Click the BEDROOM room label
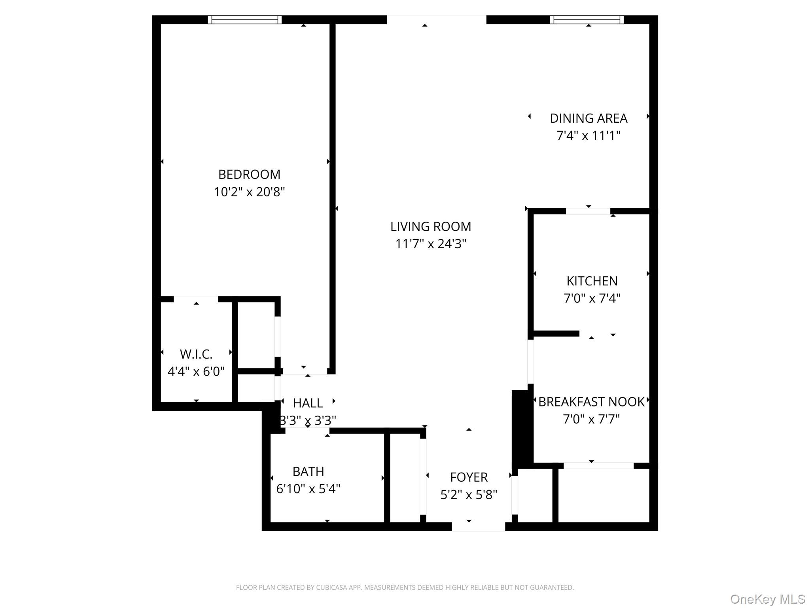pyautogui.click(x=249, y=175)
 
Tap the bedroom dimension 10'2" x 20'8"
pyautogui.click(x=249, y=192)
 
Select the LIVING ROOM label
pyautogui.click(x=431, y=227)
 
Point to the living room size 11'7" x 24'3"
pyautogui.click(x=431, y=244)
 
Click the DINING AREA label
pyautogui.click(x=589, y=118)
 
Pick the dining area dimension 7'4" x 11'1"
pyautogui.click(x=589, y=136)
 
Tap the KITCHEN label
pyautogui.click(x=592, y=281)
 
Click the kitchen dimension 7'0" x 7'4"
pyautogui.click(x=592, y=298)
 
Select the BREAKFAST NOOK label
pyautogui.click(x=591, y=402)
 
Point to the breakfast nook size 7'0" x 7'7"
pyautogui.click(x=591, y=419)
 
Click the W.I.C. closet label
pyautogui.click(x=196, y=354)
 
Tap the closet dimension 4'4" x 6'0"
pyautogui.click(x=196, y=371)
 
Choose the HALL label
pyautogui.click(x=308, y=403)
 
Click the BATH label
pyautogui.click(x=308, y=471)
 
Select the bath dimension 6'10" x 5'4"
pyautogui.click(x=308, y=489)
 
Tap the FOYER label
pyautogui.click(x=469, y=477)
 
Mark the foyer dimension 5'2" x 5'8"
pyautogui.click(x=469, y=495)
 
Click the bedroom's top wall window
pyautogui.click(x=245, y=20)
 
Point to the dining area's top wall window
pyautogui.click(x=587, y=20)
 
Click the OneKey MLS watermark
pyautogui.click(x=767, y=599)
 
